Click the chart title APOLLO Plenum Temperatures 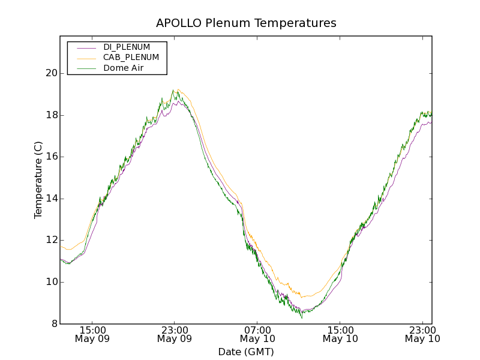click(246, 23)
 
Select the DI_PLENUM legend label click(127, 47)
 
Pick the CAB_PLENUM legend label click(131, 58)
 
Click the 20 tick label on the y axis click(50, 73)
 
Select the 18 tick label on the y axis click(50, 115)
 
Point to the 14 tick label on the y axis click(50, 199)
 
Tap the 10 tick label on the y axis click(50, 282)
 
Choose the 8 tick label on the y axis click(53, 324)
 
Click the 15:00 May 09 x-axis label click(92, 334)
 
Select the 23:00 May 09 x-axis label click(175, 334)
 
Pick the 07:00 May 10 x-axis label click(257, 334)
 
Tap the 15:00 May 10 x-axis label click(340, 334)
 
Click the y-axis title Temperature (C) click(38, 180)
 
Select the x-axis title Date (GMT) click(246, 352)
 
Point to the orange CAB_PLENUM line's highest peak click(178, 89)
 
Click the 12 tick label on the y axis click(50, 241)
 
